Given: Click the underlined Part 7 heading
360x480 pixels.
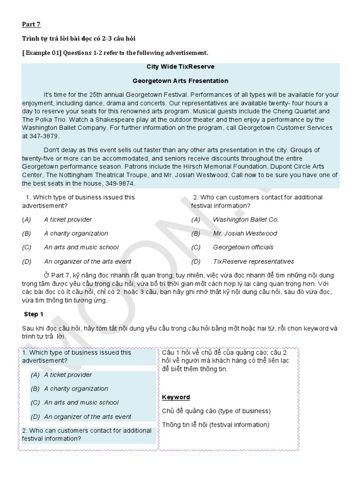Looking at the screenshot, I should coord(31,24).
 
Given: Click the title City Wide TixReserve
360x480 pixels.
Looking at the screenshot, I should coord(180,67).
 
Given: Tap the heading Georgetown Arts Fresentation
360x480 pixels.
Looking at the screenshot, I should coord(180,81).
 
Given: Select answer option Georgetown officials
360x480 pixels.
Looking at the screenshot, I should coord(243,247).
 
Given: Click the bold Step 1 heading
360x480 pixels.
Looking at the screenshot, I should coord(33,314).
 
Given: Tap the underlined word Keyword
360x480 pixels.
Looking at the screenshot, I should coord(176,397).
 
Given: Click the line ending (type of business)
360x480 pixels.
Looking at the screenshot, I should coord(216,411).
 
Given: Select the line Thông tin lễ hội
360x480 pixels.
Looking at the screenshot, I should coord(216,425).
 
